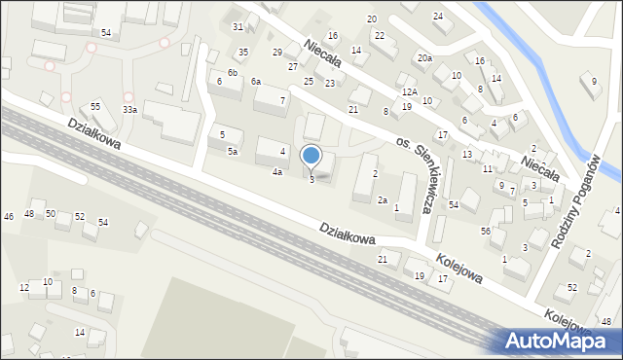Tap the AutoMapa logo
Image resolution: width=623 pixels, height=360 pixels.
click(559, 341)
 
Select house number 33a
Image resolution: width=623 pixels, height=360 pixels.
click(129, 110)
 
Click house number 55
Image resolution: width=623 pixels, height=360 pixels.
click(95, 105)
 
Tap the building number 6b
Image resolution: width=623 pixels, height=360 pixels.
click(233, 73)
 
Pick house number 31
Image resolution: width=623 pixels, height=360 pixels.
click(238, 26)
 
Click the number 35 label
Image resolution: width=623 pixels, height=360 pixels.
click(243, 52)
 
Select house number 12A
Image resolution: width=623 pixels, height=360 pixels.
click(410, 91)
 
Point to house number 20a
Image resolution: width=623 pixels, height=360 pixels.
click(424, 58)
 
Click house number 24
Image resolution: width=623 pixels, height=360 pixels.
click(438, 17)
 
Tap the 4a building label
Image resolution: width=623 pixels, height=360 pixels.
click(277, 172)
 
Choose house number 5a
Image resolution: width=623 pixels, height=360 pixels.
click(233, 152)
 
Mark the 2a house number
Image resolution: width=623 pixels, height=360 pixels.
click(383, 199)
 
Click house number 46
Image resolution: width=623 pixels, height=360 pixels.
click(9, 216)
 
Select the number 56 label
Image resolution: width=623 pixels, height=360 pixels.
click(485, 231)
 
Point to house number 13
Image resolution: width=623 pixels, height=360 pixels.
click(467, 155)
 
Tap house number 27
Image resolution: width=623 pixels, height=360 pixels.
click(292, 66)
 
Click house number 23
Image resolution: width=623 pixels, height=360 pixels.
click(330, 84)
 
